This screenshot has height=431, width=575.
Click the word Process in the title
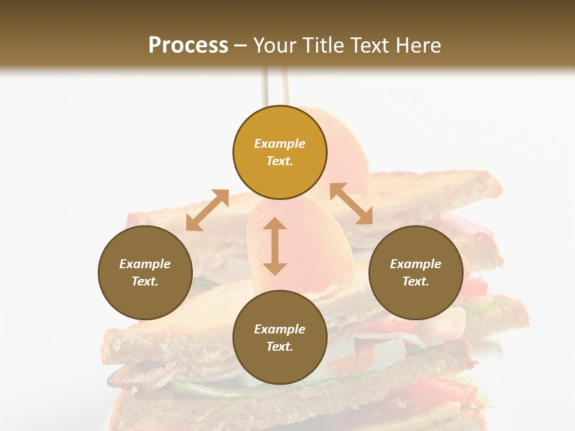(x=188, y=45)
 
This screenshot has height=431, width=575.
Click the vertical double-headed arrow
(x=275, y=246)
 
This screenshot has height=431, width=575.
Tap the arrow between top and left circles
(x=207, y=210)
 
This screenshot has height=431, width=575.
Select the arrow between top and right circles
(x=351, y=204)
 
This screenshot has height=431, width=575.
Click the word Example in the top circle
(x=280, y=144)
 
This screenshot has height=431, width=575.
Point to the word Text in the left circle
(x=145, y=281)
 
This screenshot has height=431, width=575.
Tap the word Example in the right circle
(x=416, y=264)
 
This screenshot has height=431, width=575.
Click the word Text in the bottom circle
(x=280, y=347)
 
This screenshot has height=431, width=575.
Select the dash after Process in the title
(x=241, y=45)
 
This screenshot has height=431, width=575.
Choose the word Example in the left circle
(x=145, y=264)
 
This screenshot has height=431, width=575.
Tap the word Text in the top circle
(x=280, y=161)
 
